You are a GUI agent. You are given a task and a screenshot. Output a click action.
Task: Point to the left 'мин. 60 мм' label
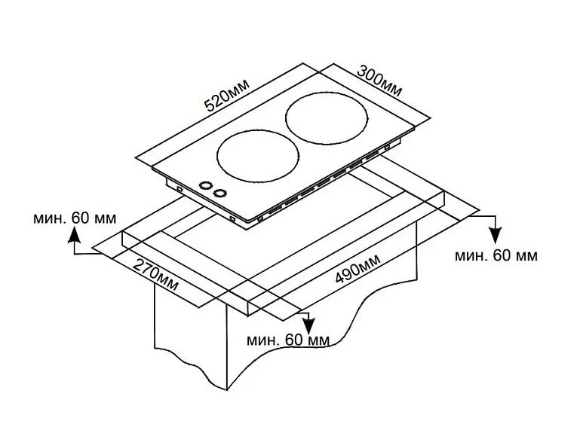tap(75, 218)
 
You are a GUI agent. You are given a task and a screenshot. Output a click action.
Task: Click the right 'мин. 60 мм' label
tap(496, 255)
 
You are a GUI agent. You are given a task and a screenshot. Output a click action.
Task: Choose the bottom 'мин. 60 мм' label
tap(288, 340)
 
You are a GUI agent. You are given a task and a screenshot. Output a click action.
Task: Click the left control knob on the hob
tap(204, 186)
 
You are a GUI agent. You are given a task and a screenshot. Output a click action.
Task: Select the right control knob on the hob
tap(219, 193)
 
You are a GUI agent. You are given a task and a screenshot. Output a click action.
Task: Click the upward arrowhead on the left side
tap(74, 236)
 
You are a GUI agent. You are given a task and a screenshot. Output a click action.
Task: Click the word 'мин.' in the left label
tap(50, 218)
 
